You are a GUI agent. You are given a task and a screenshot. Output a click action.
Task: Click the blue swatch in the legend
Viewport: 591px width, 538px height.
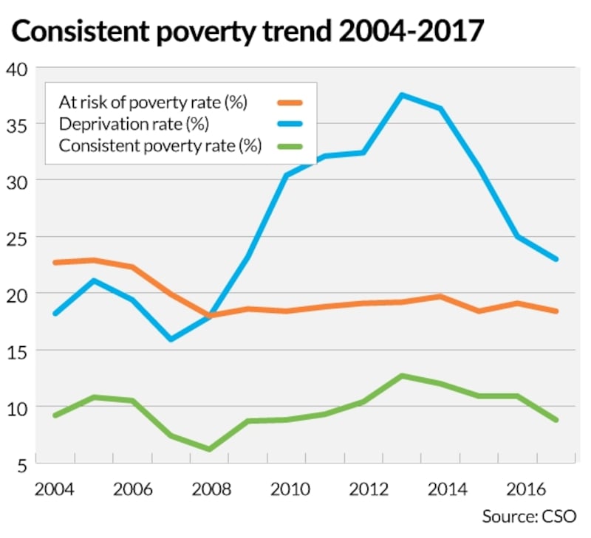[290, 124]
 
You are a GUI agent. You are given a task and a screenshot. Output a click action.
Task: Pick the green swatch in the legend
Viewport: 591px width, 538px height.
[290, 145]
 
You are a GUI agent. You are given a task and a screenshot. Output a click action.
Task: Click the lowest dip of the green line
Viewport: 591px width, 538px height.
[209, 449]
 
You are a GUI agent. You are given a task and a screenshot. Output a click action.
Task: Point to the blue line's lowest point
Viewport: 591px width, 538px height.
[171, 339]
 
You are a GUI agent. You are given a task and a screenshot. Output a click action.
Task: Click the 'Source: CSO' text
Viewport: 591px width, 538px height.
[528, 516]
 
